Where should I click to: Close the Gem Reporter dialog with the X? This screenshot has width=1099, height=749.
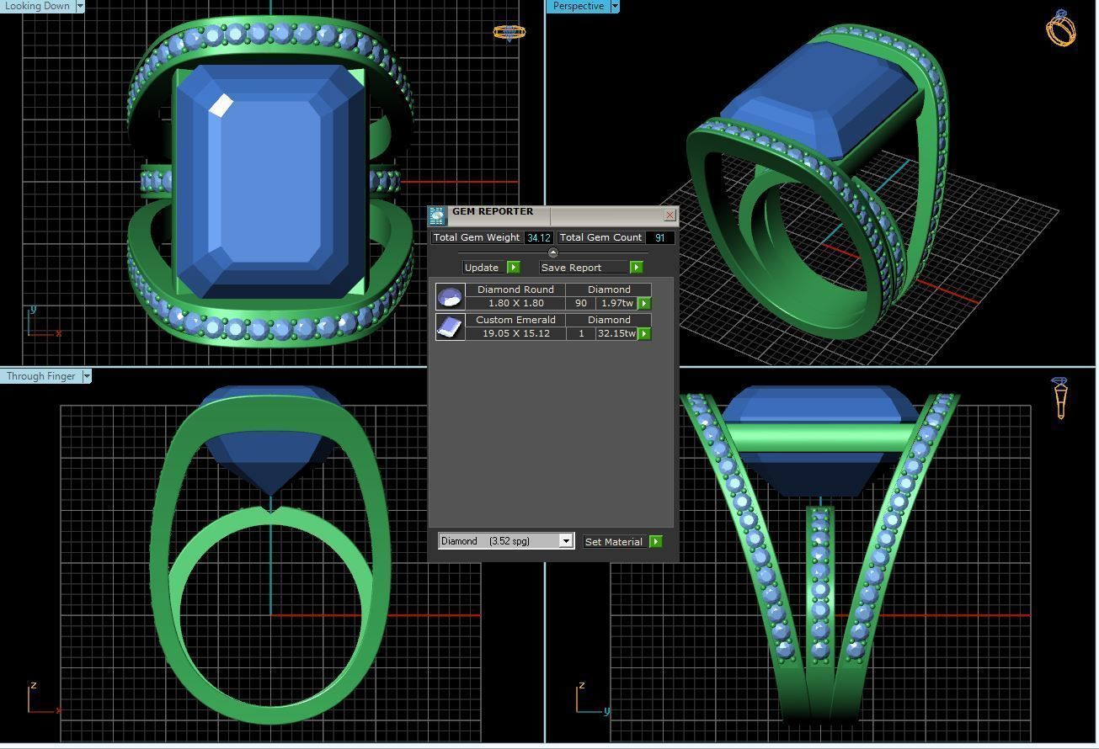coord(670,215)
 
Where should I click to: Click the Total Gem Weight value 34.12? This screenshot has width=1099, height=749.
coord(538,238)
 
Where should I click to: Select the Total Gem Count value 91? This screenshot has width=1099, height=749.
coord(659,238)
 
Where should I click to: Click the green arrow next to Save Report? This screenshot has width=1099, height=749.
coord(636,268)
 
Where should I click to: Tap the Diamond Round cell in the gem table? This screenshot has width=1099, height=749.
coord(515,290)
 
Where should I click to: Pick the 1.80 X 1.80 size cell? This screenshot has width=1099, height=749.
coord(515,303)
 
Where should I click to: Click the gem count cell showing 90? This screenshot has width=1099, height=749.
coord(580,303)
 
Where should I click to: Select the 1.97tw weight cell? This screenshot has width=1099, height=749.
coord(616,303)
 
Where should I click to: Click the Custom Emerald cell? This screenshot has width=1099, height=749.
coord(515,320)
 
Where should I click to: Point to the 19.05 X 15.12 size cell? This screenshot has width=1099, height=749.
coord(515,333)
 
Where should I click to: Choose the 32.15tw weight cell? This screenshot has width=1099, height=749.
coord(616,333)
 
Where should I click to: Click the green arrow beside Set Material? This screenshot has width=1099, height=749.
coord(655,542)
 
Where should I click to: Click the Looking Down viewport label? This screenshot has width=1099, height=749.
coord(37,6)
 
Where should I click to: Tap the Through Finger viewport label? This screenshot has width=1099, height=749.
coord(40,376)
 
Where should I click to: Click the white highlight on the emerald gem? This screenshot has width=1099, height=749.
coord(221,106)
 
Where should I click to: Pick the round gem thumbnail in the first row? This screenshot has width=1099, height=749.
coord(451,296)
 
